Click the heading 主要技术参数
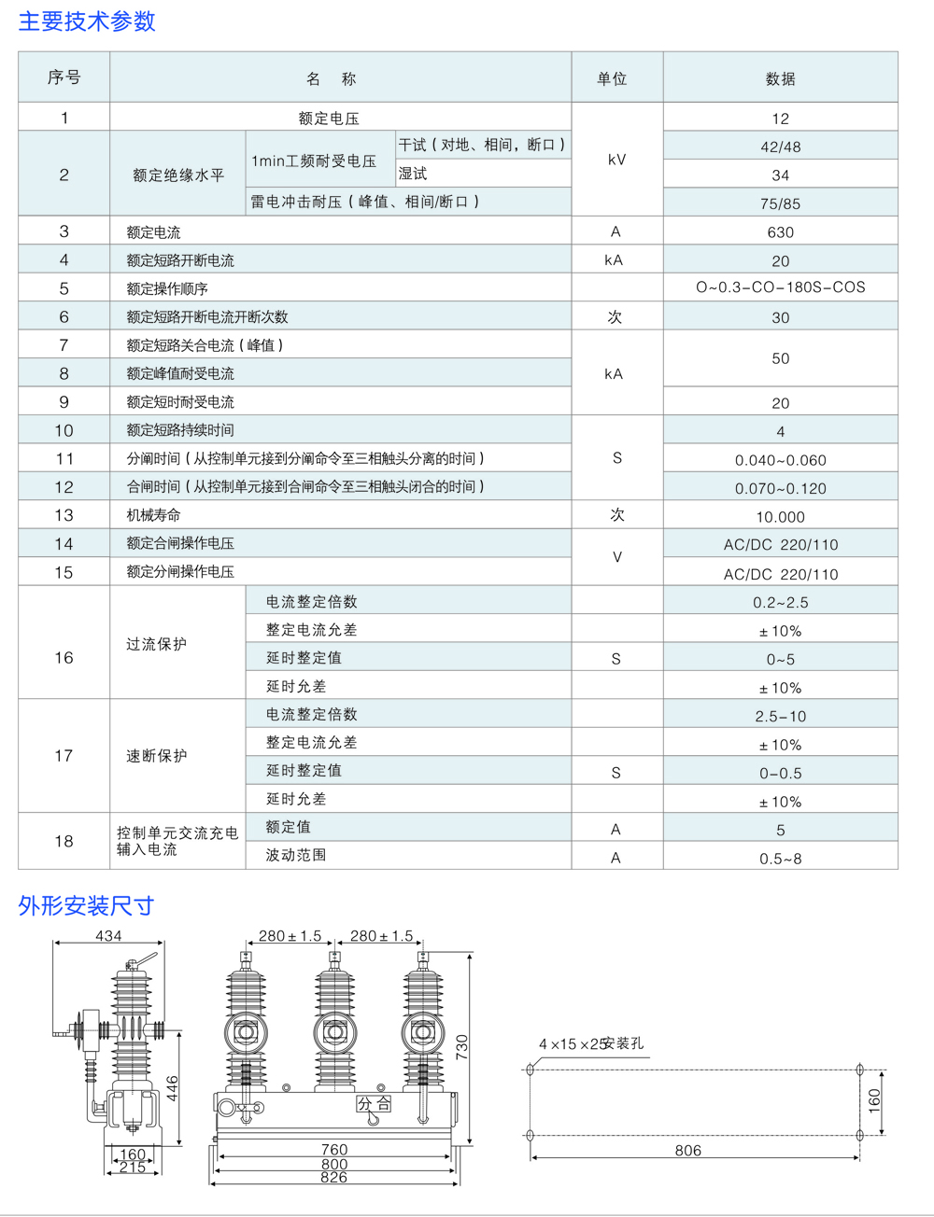[x=87, y=21]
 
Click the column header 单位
[x=612, y=79]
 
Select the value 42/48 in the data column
[x=780, y=147]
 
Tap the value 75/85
[x=780, y=203]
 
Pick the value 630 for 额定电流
[x=780, y=232]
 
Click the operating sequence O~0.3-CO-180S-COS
[x=780, y=287]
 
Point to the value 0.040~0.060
[x=780, y=460]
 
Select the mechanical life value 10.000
[x=780, y=517]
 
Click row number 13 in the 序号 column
[x=64, y=515]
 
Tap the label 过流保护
[x=157, y=644]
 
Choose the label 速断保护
[x=157, y=756]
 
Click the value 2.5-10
[x=780, y=717]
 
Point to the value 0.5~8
[x=780, y=859]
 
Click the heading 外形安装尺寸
[x=86, y=906]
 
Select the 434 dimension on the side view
[x=108, y=936]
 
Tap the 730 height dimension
[x=462, y=1046]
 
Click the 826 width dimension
[x=333, y=1178]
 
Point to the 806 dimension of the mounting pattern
[x=688, y=1151]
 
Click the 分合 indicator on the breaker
[x=374, y=1104]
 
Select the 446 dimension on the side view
[x=173, y=1088]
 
